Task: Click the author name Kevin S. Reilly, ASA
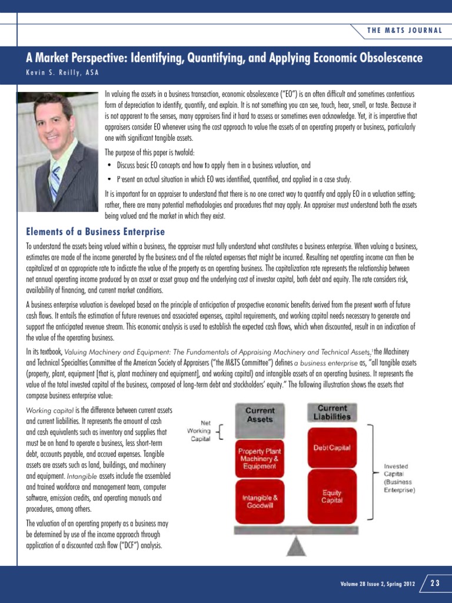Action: click(x=62, y=72)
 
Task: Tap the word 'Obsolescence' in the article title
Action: click(x=385, y=58)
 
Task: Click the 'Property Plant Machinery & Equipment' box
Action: click(x=260, y=458)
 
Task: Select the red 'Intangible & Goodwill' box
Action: click(x=260, y=501)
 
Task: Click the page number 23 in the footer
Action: click(x=436, y=584)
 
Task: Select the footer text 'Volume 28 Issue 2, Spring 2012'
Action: click(x=377, y=584)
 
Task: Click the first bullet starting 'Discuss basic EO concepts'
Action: click(x=213, y=165)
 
